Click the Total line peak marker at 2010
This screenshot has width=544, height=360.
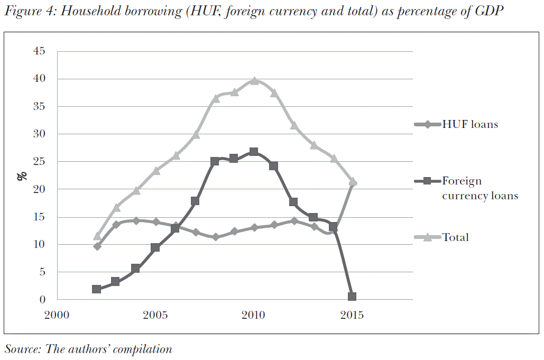click(x=254, y=81)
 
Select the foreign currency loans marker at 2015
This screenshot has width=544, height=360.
click(x=352, y=297)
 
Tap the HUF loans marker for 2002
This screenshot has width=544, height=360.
click(x=97, y=246)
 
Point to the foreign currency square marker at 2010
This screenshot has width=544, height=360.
click(x=254, y=152)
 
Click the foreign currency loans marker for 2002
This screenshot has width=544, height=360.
click(x=96, y=289)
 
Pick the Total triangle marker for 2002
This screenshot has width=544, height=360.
click(x=97, y=236)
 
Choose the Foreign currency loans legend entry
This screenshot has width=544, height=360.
click(x=480, y=188)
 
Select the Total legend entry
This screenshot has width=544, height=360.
click(x=455, y=237)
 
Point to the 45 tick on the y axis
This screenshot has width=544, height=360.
click(x=40, y=51)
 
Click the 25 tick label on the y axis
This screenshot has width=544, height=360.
click(x=40, y=162)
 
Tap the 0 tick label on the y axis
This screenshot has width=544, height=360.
click(x=42, y=300)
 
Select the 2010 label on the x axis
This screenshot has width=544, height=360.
click(x=254, y=315)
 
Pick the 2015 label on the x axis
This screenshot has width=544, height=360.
click(x=352, y=315)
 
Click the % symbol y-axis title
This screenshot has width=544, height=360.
click(x=22, y=176)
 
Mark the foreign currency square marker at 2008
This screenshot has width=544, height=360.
click(x=215, y=161)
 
